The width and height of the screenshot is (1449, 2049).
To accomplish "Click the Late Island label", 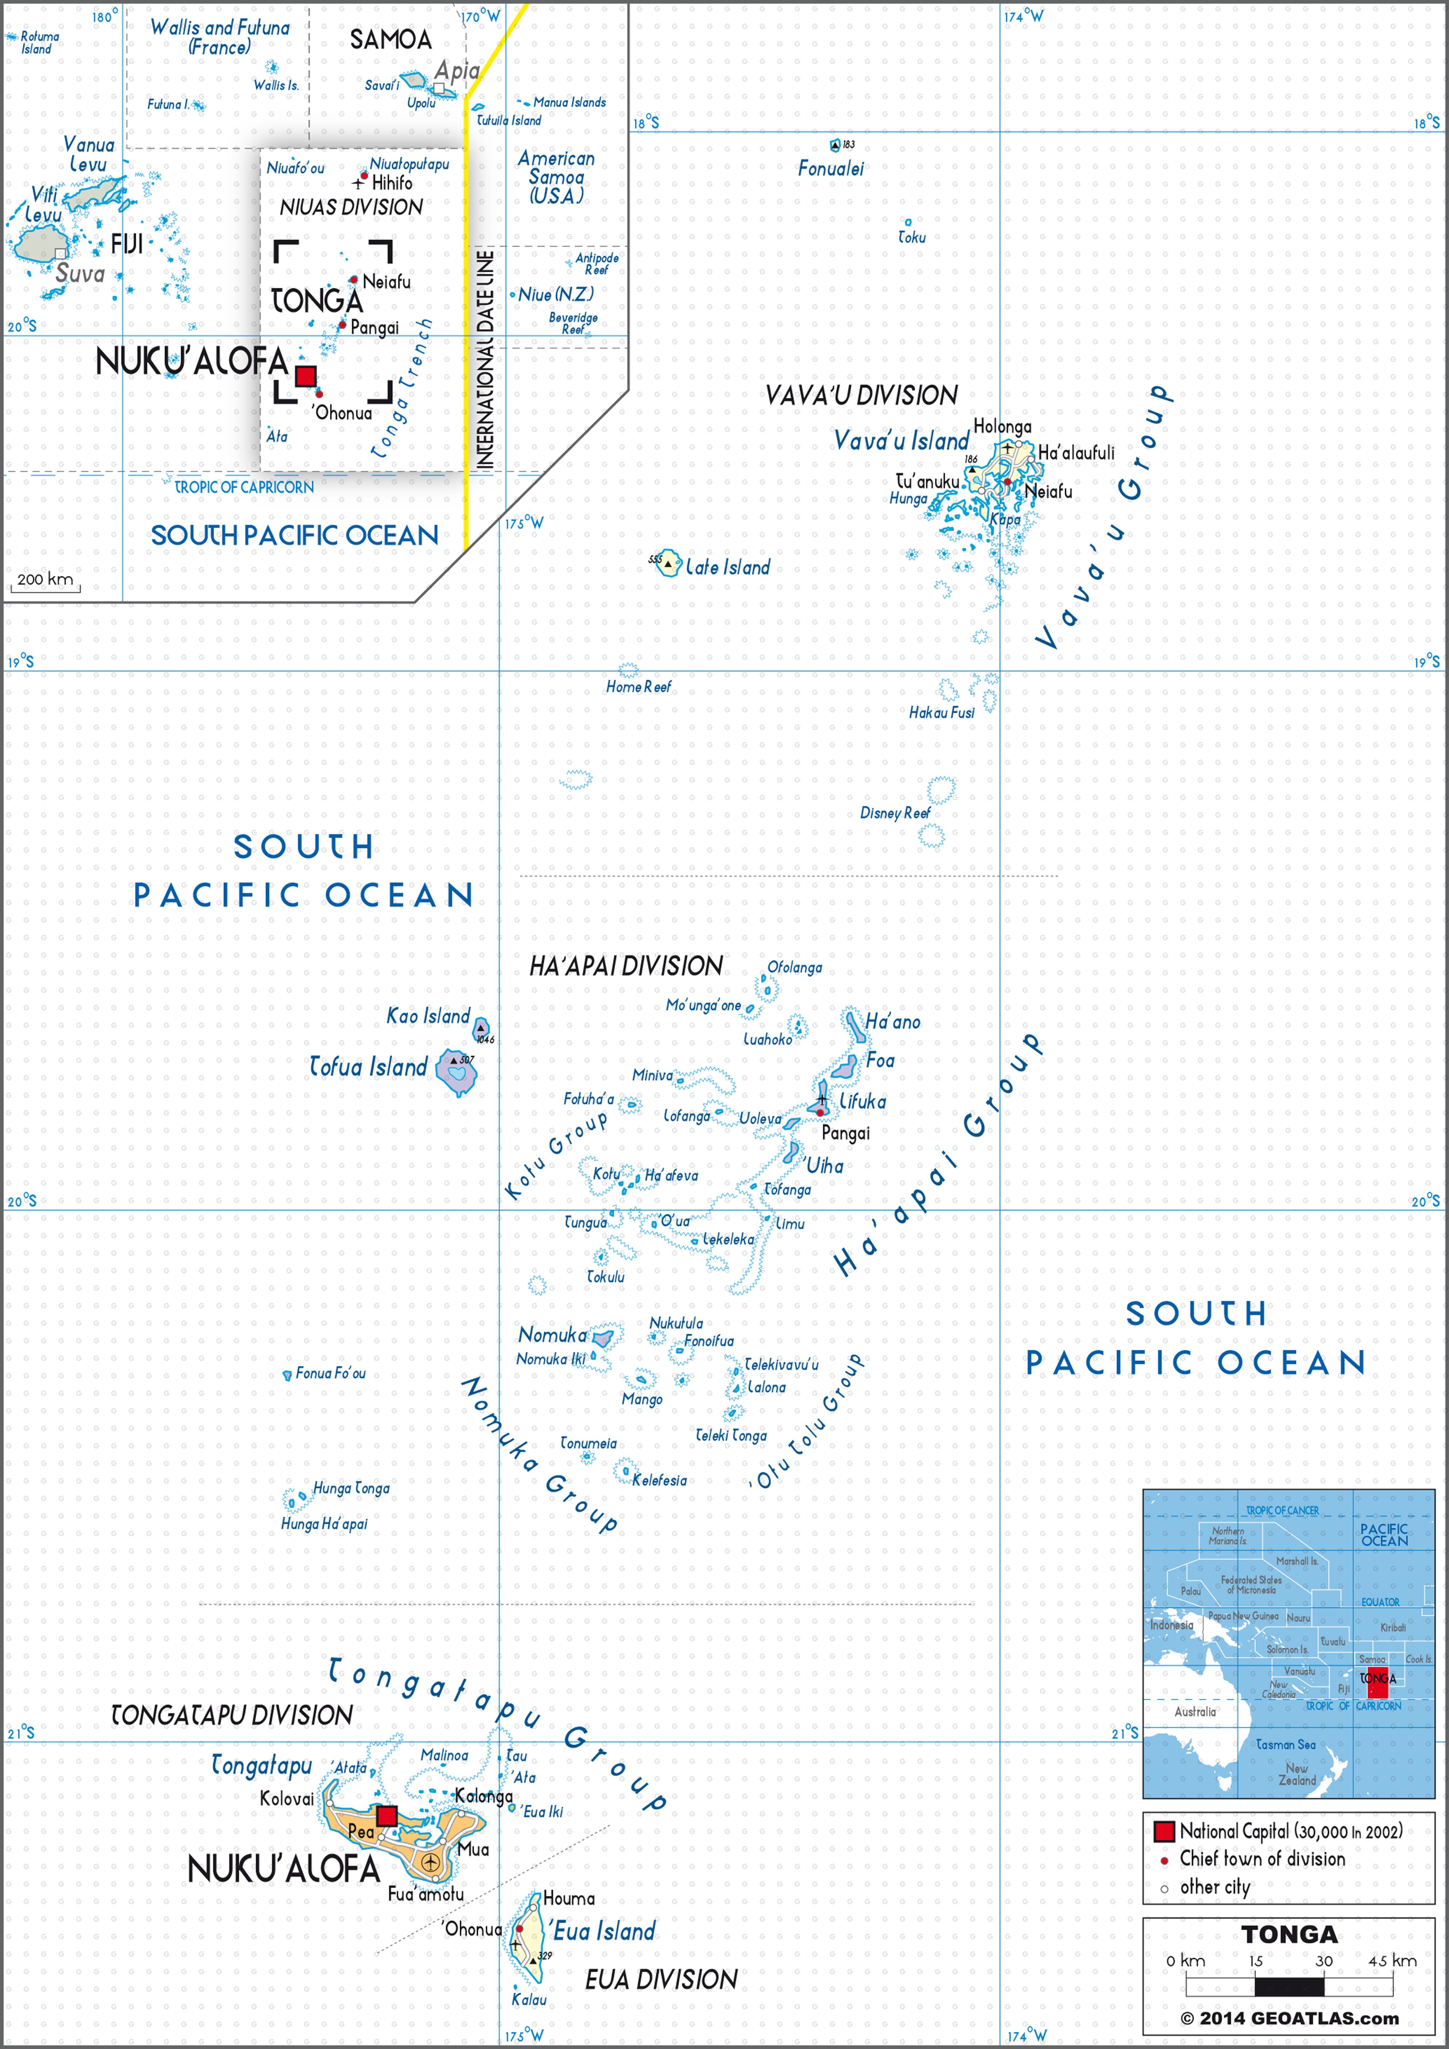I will pos(727,567).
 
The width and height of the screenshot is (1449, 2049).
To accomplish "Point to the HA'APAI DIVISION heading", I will pos(625,966).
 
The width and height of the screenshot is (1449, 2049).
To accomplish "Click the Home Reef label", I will pos(638,687).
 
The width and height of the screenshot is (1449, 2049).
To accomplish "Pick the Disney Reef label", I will pos(894,813).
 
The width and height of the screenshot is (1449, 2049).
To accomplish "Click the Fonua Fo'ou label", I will pos(330,1374).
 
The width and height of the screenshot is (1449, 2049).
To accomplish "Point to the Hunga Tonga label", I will pos(351,1489).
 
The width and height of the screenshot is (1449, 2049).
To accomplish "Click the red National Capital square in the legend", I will pos(1163,1831).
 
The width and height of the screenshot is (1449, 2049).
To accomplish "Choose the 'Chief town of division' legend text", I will pos(1261,1859).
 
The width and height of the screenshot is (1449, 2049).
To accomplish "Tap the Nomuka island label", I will pos(552,1335).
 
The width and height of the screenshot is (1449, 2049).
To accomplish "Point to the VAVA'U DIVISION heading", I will pos(861,395).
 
